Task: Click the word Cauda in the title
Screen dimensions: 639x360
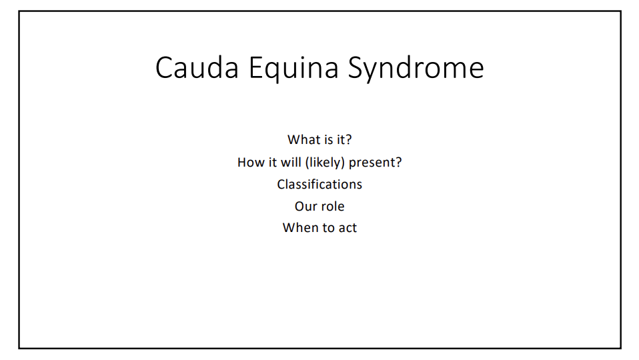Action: point(197,67)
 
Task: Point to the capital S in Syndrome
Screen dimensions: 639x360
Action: point(356,67)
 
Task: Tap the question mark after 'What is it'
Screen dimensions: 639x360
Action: point(348,140)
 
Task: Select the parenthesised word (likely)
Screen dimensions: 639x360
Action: point(325,163)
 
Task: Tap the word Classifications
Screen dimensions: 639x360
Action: point(319,185)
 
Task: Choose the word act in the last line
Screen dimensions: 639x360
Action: point(348,228)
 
